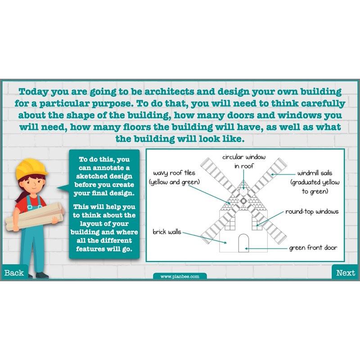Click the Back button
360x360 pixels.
[x=14, y=273]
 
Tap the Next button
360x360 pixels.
[x=345, y=273]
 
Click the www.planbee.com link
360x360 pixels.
[x=180, y=276]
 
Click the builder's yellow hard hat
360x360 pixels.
[x=31, y=168]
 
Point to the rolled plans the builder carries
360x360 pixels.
[x=35, y=216]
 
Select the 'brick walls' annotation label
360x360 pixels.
[x=167, y=232]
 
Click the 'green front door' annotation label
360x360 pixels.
[x=313, y=248]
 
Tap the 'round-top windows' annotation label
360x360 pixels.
[x=312, y=211]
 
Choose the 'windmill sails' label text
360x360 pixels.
[x=315, y=173]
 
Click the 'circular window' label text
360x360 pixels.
[x=243, y=157]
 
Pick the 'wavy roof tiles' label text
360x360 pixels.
[x=174, y=173]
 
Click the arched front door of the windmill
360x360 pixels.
[x=243, y=243]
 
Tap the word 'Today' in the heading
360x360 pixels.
[x=33, y=92]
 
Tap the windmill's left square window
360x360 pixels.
[x=230, y=223]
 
